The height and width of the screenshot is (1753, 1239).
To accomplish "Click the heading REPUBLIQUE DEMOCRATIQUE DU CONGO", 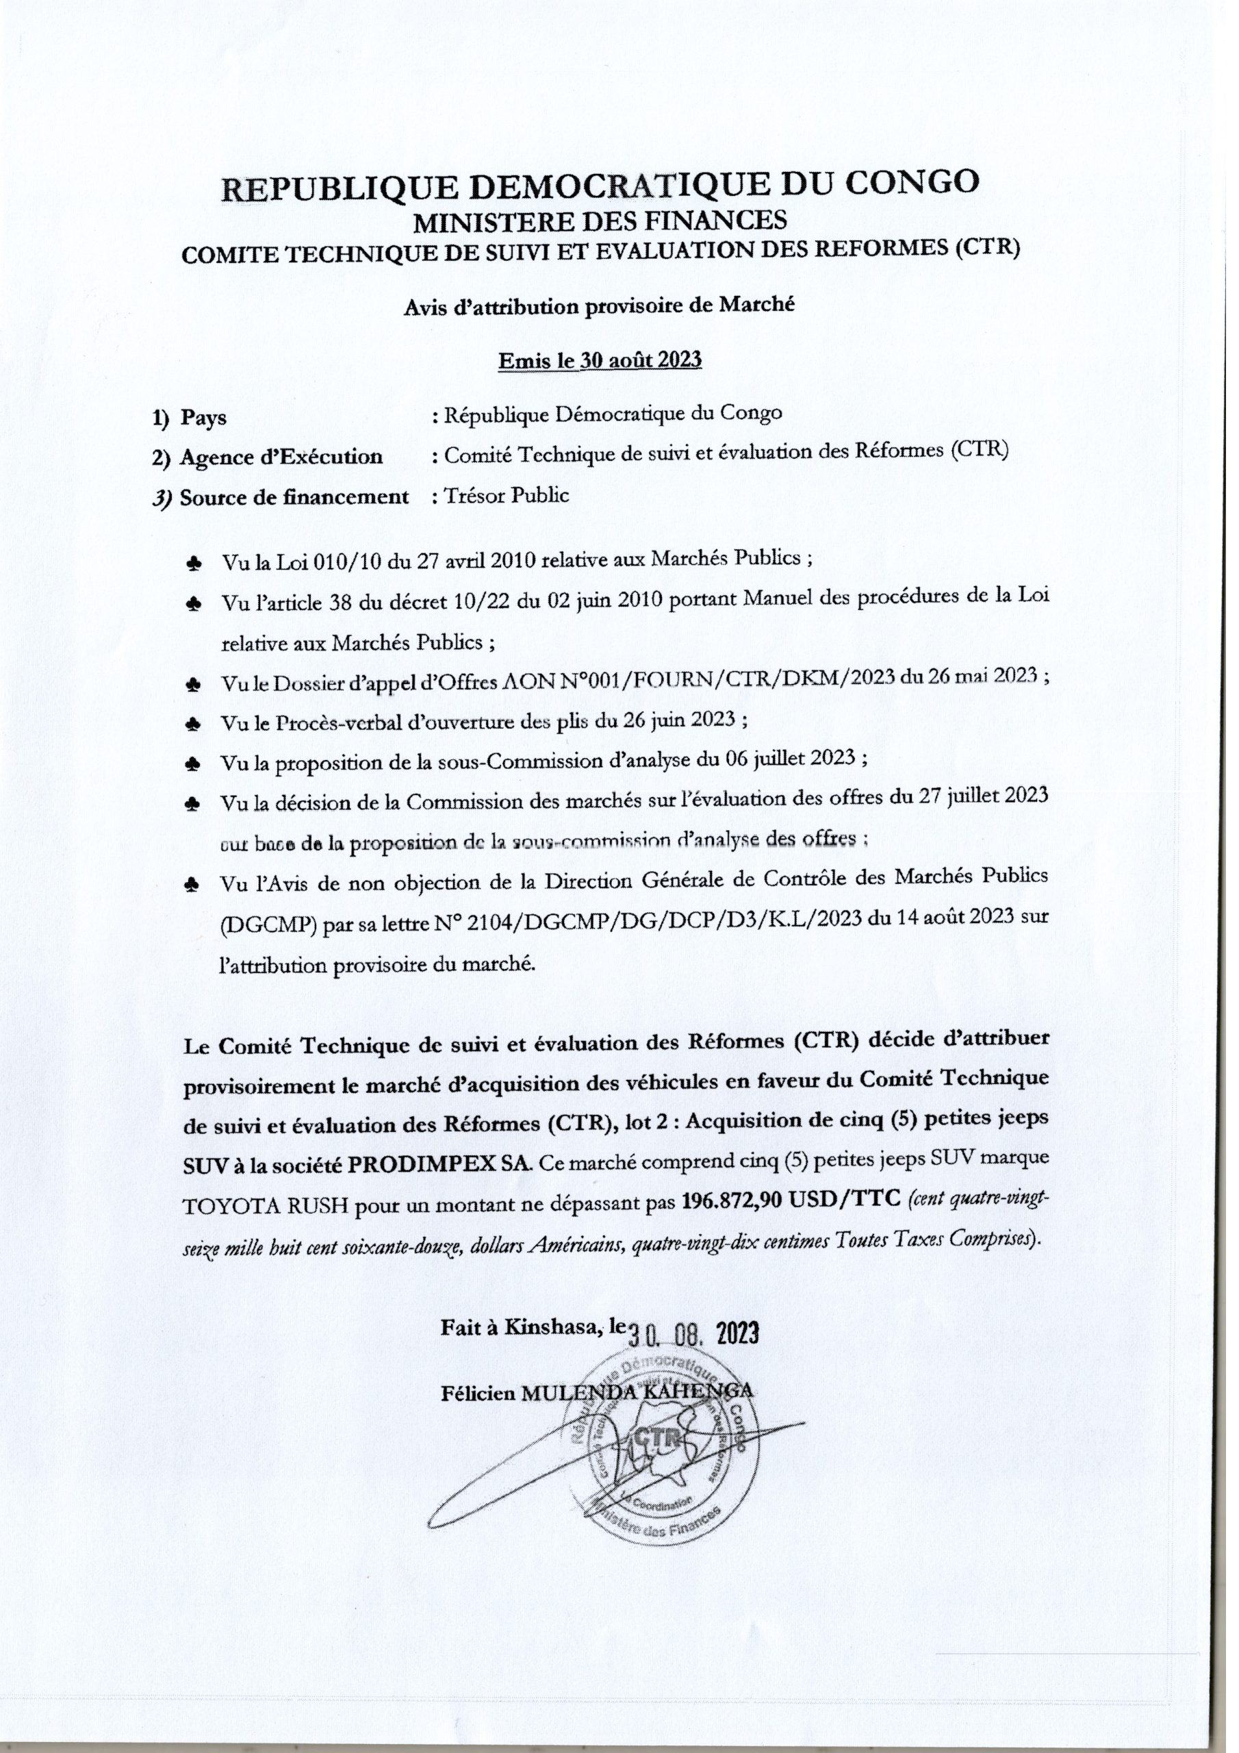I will (x=599, y=186).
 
